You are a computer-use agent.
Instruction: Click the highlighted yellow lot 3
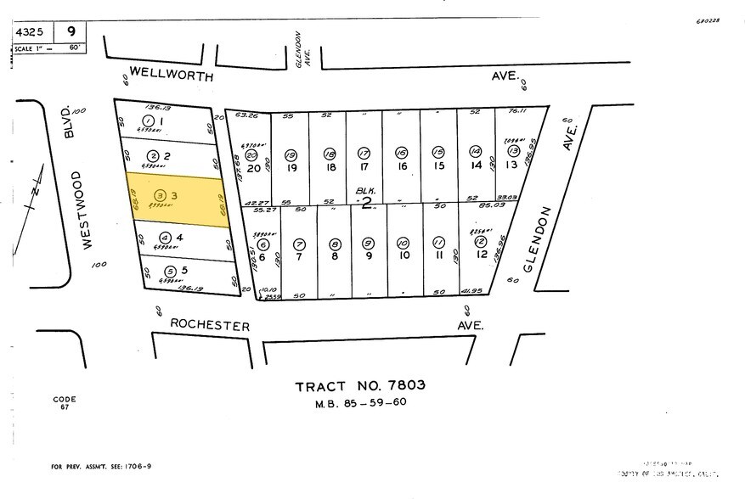click(x=176, y=197)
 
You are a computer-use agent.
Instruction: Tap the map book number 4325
click(x=31, y=32)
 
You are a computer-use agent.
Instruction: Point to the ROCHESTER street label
click(x=209, y=325)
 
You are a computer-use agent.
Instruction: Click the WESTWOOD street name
click(x=76, y=209)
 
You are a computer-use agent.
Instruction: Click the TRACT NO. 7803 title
click(x=360, y=386)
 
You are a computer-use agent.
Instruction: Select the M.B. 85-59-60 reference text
click(x=360, y=402)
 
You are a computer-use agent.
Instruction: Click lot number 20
click(x=251, y=167)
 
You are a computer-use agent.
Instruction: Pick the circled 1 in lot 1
click(x=149, y=122)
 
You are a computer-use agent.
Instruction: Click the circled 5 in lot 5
click(x=171, y=272)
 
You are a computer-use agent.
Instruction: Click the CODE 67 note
click(x=65, y=403)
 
